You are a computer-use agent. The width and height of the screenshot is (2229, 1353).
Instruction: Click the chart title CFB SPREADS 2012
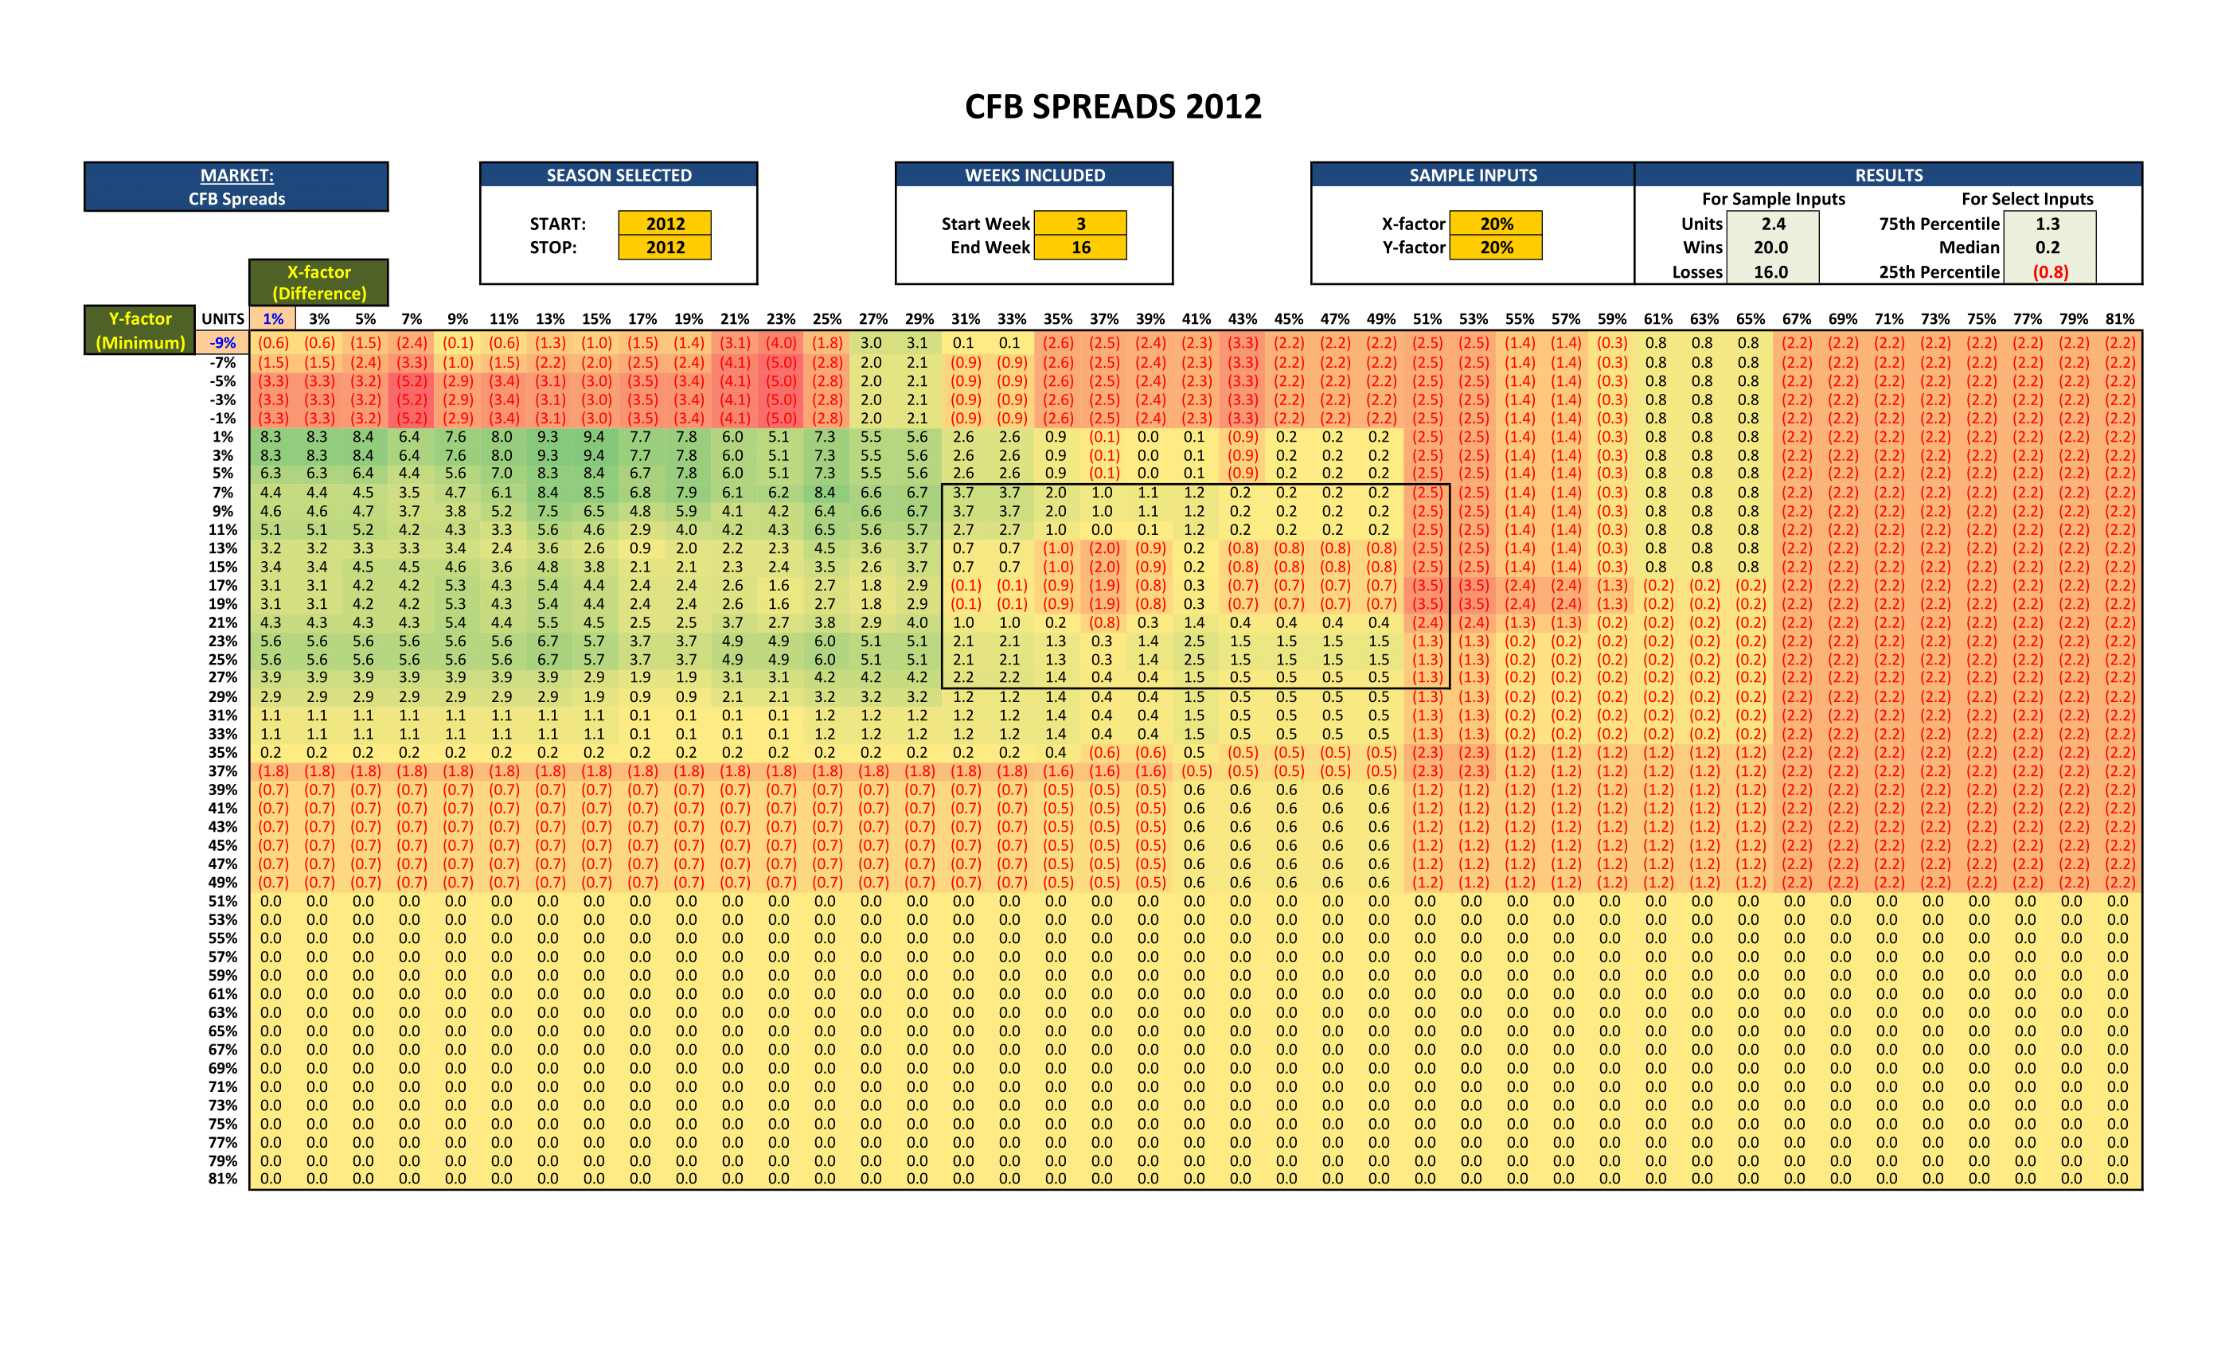(1113, 107)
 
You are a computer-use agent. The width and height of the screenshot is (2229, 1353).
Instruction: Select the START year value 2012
(665, 224)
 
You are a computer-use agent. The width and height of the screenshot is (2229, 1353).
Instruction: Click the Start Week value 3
(1080, 224)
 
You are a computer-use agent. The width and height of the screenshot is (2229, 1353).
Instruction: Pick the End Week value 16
(1080, 247)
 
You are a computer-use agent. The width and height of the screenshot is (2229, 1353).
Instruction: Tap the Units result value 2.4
(1773, 224)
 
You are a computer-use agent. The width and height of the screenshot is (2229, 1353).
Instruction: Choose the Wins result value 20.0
(1770, 247)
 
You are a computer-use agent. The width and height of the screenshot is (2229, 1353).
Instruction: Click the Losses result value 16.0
(1770, 271)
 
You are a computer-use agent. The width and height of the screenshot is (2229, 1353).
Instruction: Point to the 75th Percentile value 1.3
(2047, 224)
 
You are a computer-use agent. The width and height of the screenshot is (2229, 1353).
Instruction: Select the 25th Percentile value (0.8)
(2050, 271)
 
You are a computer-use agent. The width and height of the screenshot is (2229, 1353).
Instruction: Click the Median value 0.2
(2047, 247)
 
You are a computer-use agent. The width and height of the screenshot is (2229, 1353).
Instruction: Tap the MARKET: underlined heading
(237, 175)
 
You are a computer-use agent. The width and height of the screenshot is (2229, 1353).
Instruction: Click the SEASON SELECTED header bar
(619, 175)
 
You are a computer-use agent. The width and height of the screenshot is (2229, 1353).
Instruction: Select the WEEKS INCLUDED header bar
(1035, 175)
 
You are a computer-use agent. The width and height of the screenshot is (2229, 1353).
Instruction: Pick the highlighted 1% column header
(273, 318)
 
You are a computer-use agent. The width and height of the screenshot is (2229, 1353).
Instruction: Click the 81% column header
(2119, 318)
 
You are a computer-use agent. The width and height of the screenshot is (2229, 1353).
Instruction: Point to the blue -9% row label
(223, 343)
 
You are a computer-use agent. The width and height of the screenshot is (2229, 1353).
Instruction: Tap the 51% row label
(223, 901)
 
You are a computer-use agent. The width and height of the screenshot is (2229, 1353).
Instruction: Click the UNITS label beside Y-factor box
(223, 318)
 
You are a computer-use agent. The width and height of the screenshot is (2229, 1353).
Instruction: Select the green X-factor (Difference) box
(319, 283)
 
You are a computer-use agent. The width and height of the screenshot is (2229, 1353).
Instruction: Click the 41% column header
(1196, 318)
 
